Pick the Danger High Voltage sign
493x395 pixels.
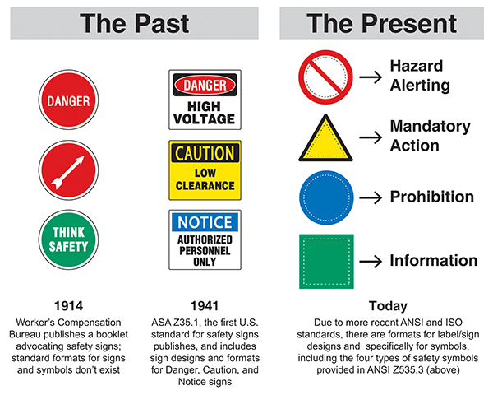(x=205, y=100)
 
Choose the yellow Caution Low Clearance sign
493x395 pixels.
(x=205, y=170)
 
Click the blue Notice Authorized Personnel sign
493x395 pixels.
(x=205, y=239)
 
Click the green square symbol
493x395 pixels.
(x=326, y=261)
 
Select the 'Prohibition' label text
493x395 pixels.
(x=431, y=197)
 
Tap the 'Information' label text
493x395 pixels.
(x=433, y=261)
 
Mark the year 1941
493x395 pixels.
(x=205, y=304)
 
